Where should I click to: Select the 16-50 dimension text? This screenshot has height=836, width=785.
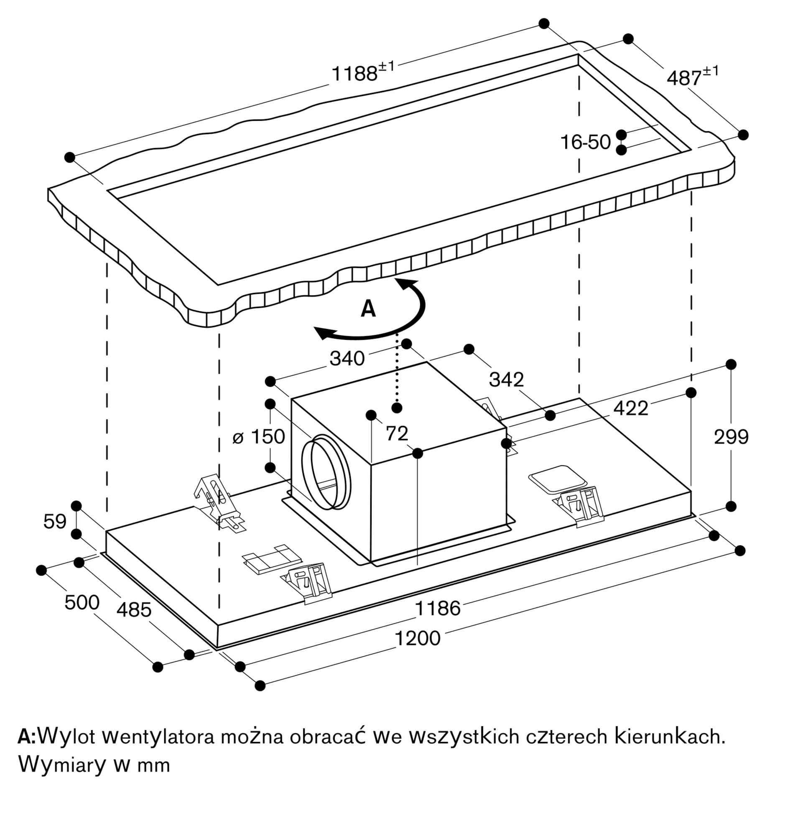585,142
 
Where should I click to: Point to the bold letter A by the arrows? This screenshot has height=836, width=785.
368,308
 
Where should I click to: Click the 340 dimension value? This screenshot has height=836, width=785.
347,358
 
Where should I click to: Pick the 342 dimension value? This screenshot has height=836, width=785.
506,380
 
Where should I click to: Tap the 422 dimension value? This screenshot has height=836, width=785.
630,408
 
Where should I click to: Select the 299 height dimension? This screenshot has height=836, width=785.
731,437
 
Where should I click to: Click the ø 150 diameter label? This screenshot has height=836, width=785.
259,436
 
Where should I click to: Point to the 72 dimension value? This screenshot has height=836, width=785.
397,433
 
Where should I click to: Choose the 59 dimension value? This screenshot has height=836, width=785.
55,521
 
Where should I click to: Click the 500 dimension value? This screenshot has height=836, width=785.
82,602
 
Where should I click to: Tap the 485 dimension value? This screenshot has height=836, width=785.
134,610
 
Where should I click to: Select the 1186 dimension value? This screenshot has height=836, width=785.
438,608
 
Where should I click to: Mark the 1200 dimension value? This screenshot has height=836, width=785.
418,638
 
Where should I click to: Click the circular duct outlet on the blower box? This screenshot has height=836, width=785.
326,472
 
